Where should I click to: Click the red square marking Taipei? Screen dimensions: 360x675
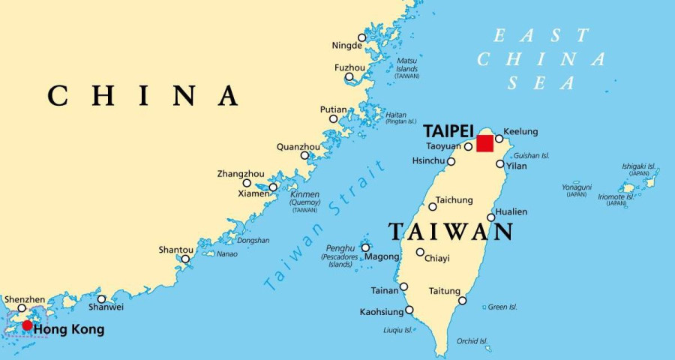485,143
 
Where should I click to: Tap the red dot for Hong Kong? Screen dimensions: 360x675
28,325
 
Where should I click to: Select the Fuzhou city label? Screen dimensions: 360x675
349,67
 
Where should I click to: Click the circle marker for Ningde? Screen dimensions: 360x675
362,37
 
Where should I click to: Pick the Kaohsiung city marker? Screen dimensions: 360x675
409,310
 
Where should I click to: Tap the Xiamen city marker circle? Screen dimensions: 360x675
273,187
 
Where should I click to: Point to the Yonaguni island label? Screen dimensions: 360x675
577,187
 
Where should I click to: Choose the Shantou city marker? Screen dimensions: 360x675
185,259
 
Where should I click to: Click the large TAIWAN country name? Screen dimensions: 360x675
451,232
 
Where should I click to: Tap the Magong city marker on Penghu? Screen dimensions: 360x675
366,247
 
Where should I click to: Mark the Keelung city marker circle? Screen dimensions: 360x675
499,139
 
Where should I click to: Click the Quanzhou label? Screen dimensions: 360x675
298,146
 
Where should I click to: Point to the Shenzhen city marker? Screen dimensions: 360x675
22,307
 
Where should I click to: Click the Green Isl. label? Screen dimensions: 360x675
502,307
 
